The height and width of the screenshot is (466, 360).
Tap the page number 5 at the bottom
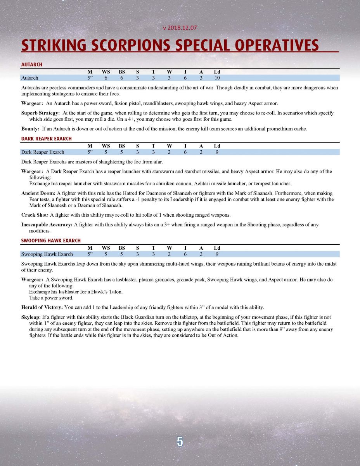point(180,442)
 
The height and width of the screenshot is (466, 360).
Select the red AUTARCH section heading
point(31,64)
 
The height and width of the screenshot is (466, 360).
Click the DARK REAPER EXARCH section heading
point(46,138)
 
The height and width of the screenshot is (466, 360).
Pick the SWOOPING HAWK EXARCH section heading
point(50,240)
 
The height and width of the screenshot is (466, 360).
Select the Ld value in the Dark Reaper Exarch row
point(217,152)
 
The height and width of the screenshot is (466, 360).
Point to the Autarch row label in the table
point(29,78)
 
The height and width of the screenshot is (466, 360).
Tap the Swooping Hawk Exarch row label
point(47,254)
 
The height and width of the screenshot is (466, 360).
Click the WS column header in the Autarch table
point(106,72)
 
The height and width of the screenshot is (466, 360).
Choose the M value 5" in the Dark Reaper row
point(90,152)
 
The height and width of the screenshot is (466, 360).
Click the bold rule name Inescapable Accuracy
point(47,224)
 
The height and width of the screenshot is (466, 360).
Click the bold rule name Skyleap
point(31,317)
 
